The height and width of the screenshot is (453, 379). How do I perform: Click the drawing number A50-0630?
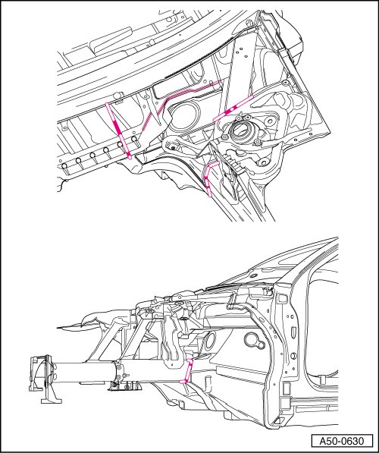click(341, 441)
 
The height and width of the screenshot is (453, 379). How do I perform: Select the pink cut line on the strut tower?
click(233, 109)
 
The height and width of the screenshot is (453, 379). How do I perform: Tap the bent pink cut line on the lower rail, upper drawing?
click(209, 178)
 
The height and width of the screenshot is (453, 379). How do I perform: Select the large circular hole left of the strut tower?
click(184, 112)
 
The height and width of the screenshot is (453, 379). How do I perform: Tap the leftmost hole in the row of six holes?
click(64, 166)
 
